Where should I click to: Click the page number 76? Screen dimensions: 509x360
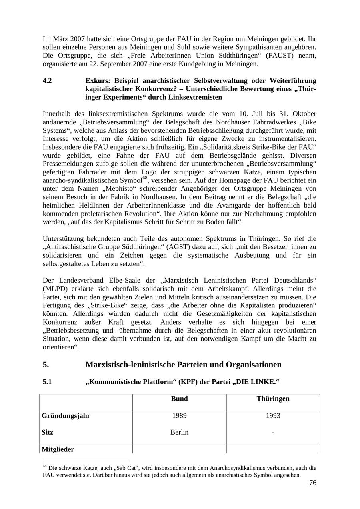click(312, 483)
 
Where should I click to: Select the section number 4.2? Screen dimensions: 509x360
click(47, 81)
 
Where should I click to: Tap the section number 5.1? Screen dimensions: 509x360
click(47, 382)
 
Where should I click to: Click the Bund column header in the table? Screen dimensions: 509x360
click(179, 399)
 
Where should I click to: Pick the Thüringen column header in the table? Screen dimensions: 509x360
click(273, 399)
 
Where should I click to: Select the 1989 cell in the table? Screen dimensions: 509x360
click(179, 416)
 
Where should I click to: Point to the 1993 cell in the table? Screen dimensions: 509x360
click(273, 416)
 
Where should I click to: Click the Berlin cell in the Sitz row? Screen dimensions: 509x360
click(179, 432)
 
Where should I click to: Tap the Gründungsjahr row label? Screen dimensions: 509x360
click(66, 416)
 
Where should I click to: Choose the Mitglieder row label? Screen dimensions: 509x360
click(58, 449)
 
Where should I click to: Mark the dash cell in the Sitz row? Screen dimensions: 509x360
click(273, 432)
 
